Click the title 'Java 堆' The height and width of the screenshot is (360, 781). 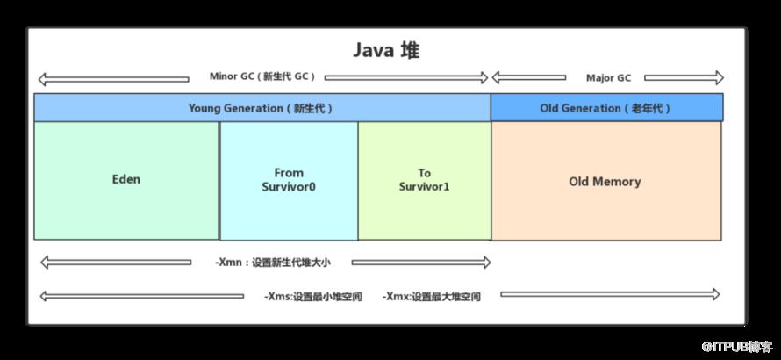pos(386,51)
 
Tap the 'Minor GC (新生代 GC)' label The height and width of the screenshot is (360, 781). pos(262,76)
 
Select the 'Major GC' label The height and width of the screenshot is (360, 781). pos(608,78)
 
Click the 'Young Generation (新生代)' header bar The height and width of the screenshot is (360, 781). pos(262,107)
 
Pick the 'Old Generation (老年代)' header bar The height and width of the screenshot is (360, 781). pos(606,107)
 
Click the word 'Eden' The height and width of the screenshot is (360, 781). pos(126,179)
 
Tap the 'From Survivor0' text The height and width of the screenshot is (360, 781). pos(289,180)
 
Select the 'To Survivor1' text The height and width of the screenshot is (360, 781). pos(424,180)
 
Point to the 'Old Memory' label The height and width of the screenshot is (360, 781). pos(605,182)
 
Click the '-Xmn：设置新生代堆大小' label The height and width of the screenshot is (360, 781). pos(272,263)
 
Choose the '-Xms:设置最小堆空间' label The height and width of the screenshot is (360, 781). pos(312,297)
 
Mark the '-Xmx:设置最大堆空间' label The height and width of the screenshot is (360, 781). pos(432,297)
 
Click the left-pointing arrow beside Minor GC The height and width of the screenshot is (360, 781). pos(113,79)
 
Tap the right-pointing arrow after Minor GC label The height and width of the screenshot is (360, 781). pos(406,77)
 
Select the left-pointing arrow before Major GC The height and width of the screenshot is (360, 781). pos(529,77)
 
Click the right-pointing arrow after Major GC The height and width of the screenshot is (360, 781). pos(684,78)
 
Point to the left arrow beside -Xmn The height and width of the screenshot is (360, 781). pos(116,263)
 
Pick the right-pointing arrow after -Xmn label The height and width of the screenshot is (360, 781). pos(421,263)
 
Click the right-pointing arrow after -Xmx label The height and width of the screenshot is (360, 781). pos(610,295)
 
